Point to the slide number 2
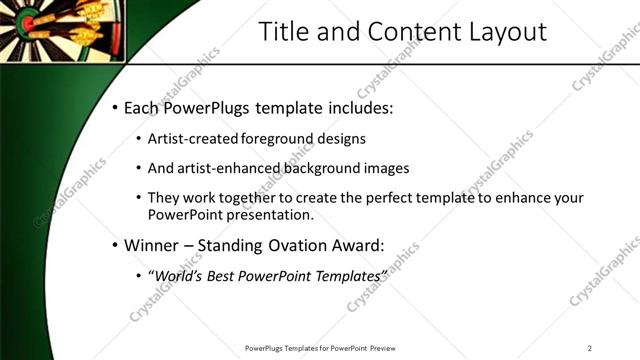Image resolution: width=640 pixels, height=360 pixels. (x=590, y=348)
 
